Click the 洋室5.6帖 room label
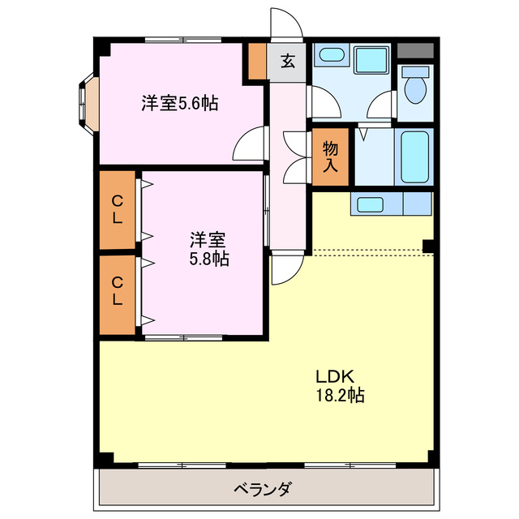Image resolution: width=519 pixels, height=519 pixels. point(179,104)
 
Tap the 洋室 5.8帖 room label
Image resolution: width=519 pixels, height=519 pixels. point(208,249)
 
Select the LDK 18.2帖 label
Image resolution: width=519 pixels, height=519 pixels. point(339,387)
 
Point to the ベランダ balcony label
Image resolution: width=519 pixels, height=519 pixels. point(262,489)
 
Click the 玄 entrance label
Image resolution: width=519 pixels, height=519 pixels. point(287,61)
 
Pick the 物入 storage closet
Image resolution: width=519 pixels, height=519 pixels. point(330,157)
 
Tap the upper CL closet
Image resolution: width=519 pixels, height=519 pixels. point(118,208)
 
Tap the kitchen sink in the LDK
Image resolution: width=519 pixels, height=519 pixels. point(371,204)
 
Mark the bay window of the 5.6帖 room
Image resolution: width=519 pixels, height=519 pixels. point(88,104)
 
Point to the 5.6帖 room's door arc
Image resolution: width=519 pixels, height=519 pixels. point(248,144)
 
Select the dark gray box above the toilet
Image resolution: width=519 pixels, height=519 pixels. point(415,49)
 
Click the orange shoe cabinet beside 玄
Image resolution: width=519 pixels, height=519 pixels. point(257,61)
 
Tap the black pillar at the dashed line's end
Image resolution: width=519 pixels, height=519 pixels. point(427,246)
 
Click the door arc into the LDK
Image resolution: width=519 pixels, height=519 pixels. point(286,268)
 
